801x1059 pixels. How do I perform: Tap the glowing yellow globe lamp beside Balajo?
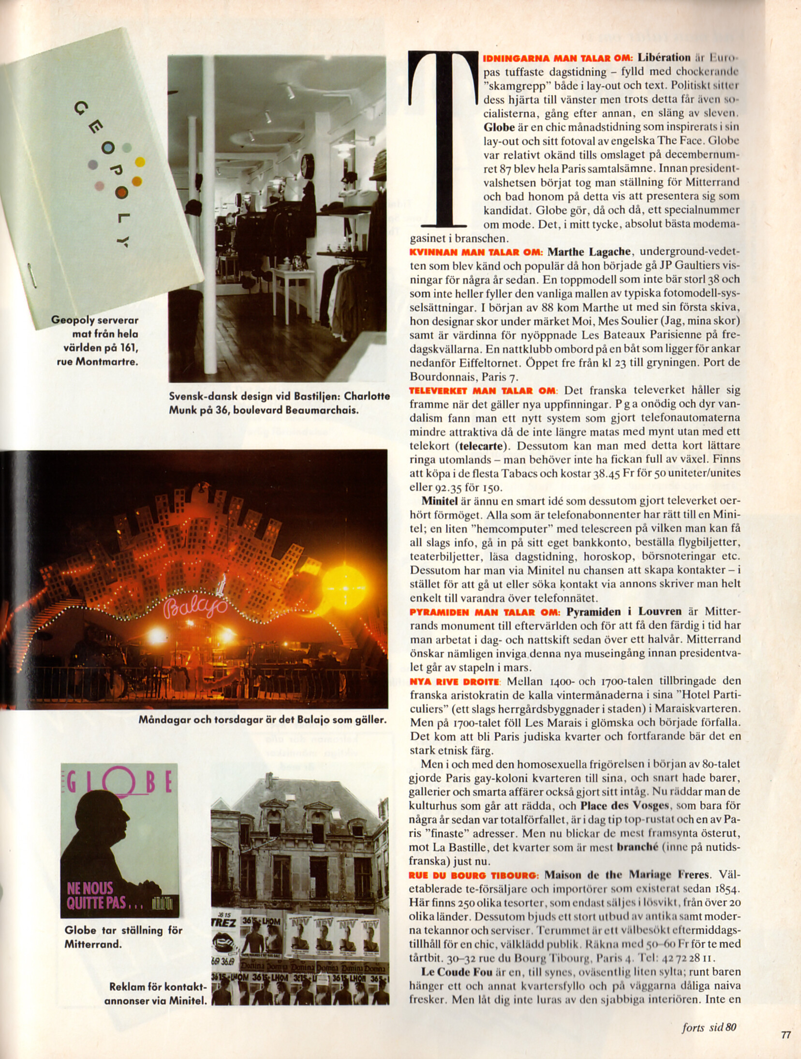(x=344, y=581)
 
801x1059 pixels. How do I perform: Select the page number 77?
(x=786, y=1035)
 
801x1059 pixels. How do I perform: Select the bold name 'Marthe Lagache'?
(x=589, y=252)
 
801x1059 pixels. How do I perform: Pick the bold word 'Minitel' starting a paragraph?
(x=440, y=501)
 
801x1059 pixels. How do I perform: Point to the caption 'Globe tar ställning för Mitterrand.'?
(x=123, y=937)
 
